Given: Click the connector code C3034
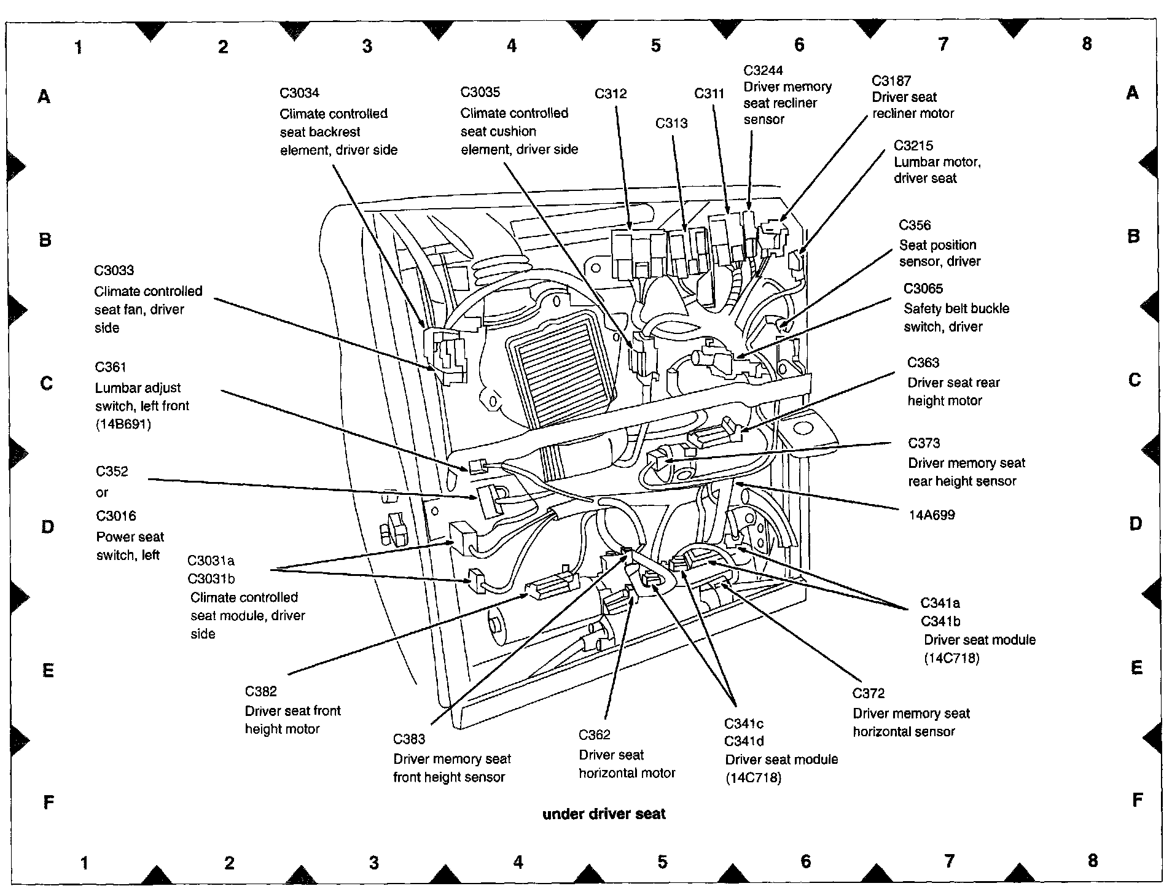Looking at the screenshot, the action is [299, 93].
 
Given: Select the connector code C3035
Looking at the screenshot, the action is [480, 92].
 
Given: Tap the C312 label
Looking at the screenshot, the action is [611, 93].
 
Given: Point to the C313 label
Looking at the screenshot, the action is [671, 123].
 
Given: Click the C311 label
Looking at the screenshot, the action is [709, 93].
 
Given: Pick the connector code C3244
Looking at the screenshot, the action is [764, 71].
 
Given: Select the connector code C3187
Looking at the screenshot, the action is [891, 80].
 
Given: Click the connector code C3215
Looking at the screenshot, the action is [913, 146].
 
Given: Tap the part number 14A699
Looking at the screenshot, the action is [932, 515].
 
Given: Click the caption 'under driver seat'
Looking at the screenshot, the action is [604, 814].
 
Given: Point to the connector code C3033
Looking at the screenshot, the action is [114, 270].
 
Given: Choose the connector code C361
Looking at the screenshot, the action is [111, 367].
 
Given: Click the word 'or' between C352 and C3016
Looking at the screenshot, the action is [102, 492].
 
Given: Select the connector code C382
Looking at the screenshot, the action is [261, 691].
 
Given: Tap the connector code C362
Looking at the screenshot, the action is [595, 735].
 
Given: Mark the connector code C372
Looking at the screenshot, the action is [869, 693].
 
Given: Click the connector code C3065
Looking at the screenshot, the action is [923, 289].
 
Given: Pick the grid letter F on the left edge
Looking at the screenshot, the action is [49, 803].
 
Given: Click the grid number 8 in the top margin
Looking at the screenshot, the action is [1087, 44].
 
